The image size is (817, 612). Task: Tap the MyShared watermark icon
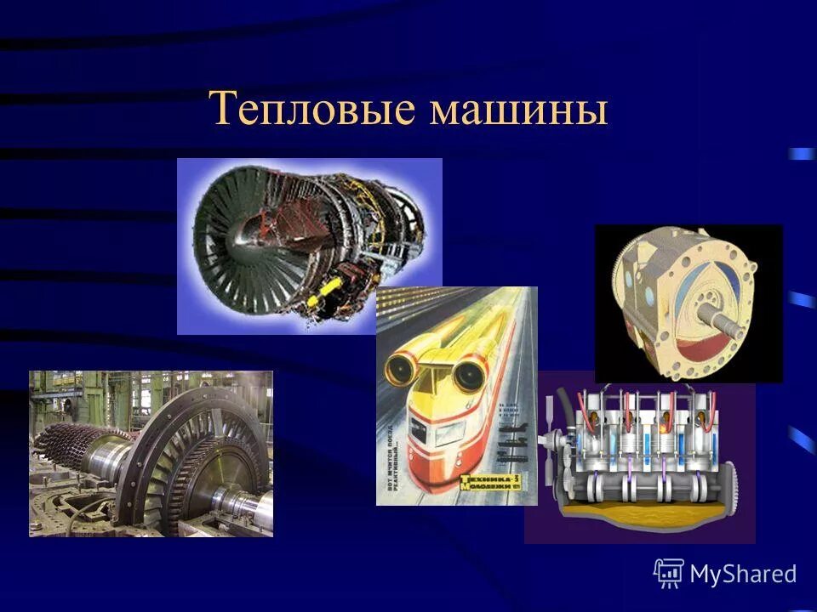(x=668, y=574)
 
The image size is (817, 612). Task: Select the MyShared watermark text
(x=743, y=575)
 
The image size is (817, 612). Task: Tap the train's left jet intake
(x=398, y=368)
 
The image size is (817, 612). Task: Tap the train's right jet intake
(x=467, y=371)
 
